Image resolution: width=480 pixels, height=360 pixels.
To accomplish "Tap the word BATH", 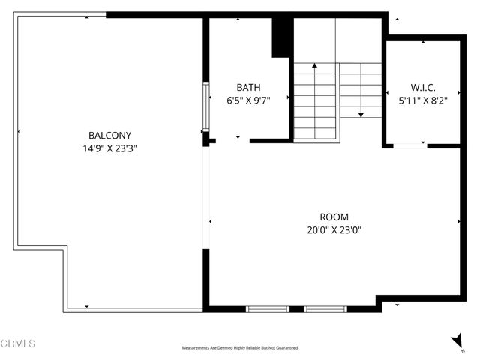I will pos(248,86).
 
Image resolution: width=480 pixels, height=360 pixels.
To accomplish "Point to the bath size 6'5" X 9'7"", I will pos(248,99).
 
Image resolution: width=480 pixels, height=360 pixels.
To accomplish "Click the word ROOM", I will pos(334,217).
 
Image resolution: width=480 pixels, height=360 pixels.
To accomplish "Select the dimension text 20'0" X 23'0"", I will pos(334,231).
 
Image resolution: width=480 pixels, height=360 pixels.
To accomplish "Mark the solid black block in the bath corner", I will pos(282,37).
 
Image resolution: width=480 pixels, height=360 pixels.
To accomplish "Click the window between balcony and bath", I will pos(205,106).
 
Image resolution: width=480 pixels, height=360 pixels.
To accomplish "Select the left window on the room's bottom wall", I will pos(268,308).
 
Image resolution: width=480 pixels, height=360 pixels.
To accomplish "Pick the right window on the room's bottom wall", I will pos(325,308).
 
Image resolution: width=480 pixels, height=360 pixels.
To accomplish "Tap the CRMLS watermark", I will pos(18,343).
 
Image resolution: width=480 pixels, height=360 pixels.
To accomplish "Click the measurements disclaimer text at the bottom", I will pos(239,348).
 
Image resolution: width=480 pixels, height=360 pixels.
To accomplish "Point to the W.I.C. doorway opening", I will pos(409,145).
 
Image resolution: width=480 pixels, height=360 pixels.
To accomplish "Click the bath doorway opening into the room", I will pos(232,140).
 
